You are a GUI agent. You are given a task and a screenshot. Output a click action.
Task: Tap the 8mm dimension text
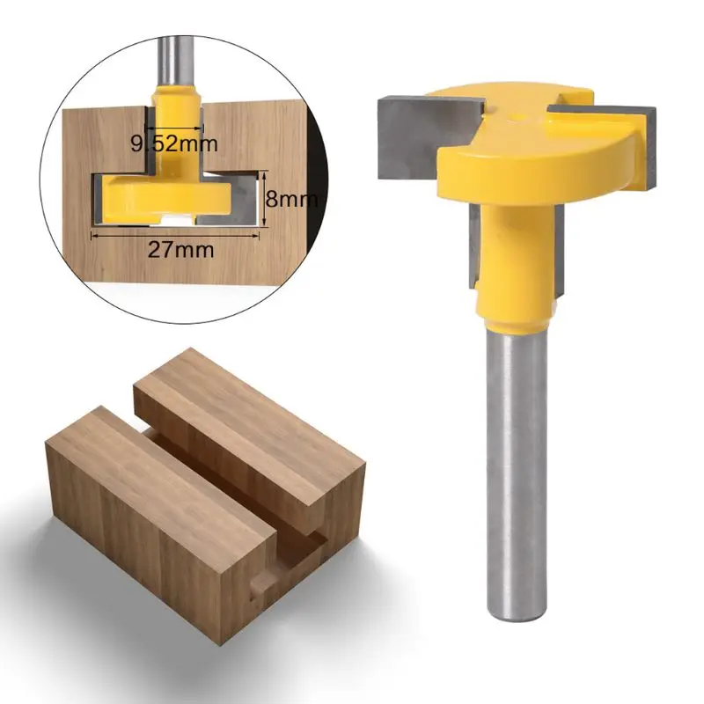click(x=290, y=199)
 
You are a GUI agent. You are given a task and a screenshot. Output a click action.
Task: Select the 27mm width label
click(x=180, y=249)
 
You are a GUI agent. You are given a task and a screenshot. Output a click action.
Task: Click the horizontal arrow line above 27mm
click(x=176, y=234)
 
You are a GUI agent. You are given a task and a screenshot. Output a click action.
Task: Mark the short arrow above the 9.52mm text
click(x=175, y=128)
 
